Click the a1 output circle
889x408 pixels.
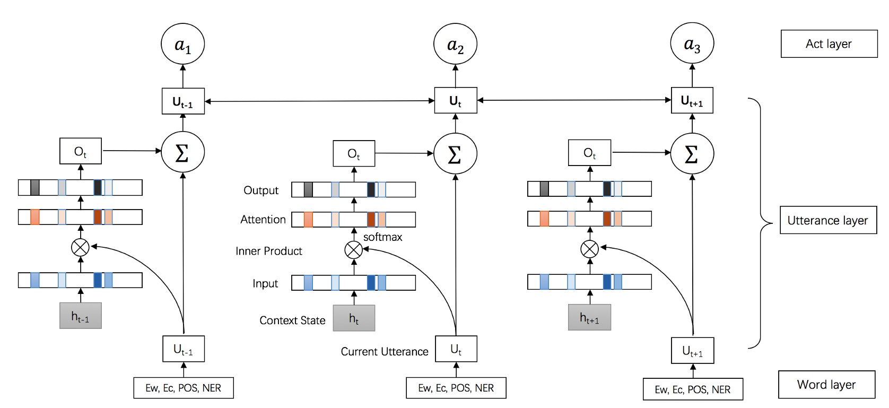pos(182,45)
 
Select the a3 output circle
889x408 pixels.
pos(692,44)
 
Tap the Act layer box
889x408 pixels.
pos(829,44)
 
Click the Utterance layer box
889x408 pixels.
pos(827,220)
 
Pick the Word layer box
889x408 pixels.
pos(826,385)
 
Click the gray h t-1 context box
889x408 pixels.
pos(81,316)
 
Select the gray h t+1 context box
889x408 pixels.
pos(589,318)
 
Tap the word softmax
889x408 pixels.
pos(382,237)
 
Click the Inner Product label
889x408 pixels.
pos(268,251)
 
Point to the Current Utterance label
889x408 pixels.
pos(384,352)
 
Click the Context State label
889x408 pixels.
pos(292,320)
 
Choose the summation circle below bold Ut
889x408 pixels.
pos(455,154)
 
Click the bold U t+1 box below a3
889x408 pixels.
pos(692,101)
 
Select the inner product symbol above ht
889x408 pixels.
pos(354,249)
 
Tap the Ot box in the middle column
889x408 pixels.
pos(354,154)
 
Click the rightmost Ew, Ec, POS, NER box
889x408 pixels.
pos(692,389)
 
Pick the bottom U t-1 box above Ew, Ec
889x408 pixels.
pos(183,349)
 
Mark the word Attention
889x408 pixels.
pos(263,220)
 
